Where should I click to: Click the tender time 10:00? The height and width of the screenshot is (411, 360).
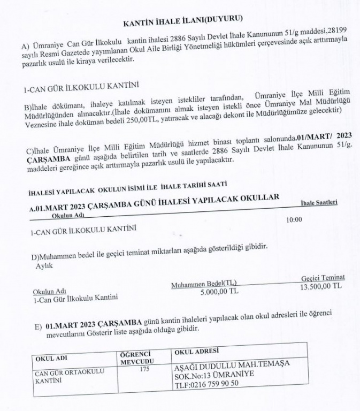tap(294, 219)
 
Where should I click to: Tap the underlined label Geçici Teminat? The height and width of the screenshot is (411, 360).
tap(323, 277)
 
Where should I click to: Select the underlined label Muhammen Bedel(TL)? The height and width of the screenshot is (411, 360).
tap(204, 284)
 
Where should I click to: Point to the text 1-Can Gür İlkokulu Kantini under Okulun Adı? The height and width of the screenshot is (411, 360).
tap(75, 299)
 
